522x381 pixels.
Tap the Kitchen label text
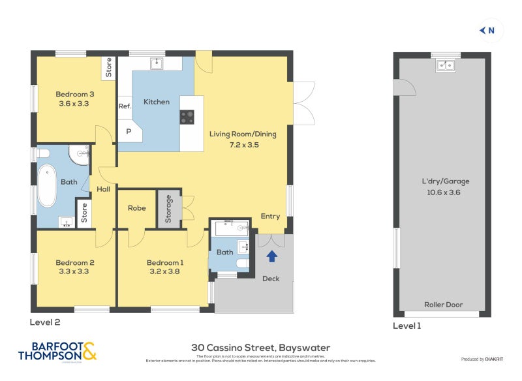[x=157, y=102]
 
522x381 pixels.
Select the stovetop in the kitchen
[x=187, y=116]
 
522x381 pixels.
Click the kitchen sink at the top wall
[x=157, y=63]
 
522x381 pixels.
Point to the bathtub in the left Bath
[x=47, y=187]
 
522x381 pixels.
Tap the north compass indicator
[x=487, y=30]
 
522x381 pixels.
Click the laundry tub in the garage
[x=446, y=65]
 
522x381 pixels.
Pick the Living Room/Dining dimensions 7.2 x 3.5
[x=243, y=145]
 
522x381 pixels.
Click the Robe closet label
[x=136, y=208]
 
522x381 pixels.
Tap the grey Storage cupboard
[x=168, y=209]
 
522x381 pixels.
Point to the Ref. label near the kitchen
[x=125, y=106]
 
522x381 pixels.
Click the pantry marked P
[x=129, y=130]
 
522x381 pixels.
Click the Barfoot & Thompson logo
[x=57, y=352]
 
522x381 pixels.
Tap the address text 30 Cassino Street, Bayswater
[x=260, y=348]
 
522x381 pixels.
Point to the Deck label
[x=271, y=279]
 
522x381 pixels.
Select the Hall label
[x=104, y=189]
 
